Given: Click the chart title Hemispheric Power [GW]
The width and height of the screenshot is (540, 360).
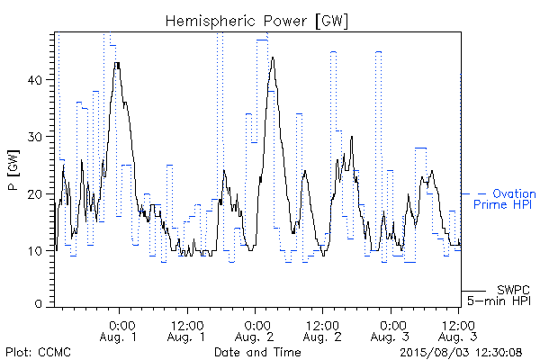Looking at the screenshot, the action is (x=256, y=22).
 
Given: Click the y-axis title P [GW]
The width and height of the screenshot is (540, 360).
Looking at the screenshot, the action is (x=13, y=170).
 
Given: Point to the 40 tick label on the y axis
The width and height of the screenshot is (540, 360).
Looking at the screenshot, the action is (x=34, y=80).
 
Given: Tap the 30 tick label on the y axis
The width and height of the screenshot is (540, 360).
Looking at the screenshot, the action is (x=34, y=137).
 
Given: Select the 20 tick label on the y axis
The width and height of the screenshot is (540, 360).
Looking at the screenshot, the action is (x=34, y=194).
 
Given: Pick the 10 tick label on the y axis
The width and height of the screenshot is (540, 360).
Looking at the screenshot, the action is (x=35, y=251).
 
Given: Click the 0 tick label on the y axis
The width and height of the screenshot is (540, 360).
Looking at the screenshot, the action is (x=39, y=304).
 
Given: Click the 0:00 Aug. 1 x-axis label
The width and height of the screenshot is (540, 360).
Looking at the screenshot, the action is (x=119, y=331).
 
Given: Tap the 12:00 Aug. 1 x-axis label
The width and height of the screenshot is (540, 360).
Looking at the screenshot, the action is (x=186, y=331).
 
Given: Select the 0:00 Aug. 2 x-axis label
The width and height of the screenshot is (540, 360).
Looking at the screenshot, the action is (x=255, y=331).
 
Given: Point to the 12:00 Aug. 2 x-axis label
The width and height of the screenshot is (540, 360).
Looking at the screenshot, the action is (x=322, y=331).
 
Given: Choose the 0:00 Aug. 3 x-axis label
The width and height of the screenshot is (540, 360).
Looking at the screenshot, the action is (x=391, y=331).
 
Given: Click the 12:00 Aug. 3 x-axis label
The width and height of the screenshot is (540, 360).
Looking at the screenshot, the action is (x=458, y=331).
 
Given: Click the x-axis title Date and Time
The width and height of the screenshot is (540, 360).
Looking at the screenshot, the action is (x=257, y=352).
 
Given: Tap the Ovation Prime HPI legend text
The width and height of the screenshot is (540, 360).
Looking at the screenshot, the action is (x=504, y=199).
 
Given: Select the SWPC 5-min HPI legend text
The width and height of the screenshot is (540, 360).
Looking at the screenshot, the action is (x=499, y=295).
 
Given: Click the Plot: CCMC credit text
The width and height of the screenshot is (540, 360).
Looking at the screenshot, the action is (x=38, y=353).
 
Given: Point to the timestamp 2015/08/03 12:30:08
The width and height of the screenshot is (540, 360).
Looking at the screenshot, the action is (x=461, y=353).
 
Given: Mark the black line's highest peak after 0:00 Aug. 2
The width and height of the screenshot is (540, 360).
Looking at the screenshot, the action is (x=273, y=58).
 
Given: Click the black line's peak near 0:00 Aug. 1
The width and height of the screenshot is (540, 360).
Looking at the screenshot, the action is (x=117, y=63).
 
